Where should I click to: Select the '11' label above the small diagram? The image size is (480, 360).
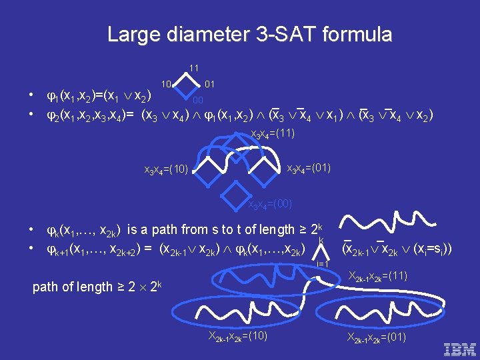[193, 68]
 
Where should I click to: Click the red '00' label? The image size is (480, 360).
[198, 101]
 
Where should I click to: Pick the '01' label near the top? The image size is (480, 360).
[209, 84]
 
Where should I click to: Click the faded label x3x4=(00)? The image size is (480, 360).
[269, 204]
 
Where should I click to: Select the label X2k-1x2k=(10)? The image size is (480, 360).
[238, 335]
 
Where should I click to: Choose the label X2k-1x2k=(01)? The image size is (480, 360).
[377, 337]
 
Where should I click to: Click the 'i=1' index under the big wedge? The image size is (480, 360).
[323, 265]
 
